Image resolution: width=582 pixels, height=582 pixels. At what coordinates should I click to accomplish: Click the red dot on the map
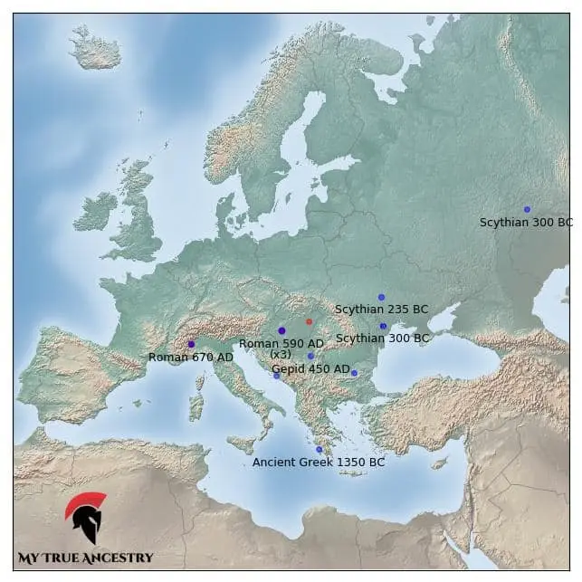click(x=309, y=321)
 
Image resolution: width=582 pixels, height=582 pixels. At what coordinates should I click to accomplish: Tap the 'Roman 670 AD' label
click(x=190, y=358)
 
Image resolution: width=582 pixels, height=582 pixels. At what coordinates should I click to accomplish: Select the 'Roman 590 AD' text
click(x=281, y=344)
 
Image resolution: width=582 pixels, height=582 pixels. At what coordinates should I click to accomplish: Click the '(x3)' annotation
click(x=281, y=355)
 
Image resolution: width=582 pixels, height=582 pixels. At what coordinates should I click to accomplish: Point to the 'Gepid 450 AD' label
click(x=310, y=369)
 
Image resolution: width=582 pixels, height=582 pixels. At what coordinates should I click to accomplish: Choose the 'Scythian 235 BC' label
click(x=381, y=310)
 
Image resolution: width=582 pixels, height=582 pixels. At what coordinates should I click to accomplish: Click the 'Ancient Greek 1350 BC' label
click(x=318, y=463)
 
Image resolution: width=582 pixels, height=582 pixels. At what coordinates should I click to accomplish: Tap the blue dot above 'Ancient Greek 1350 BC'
click(x=319, y=450)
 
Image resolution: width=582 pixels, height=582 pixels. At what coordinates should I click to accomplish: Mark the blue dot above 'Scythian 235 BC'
click(x=381, y=297)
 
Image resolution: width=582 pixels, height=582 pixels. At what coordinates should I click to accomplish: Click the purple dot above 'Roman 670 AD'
click(x=191, y=344)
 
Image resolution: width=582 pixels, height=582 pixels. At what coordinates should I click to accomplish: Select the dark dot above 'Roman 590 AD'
click(x=281, y=330)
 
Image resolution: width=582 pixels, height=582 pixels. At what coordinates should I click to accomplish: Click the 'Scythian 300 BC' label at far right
click(x=526, y=223)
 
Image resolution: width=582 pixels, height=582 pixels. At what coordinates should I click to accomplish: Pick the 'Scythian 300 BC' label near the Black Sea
click(x=383, y=339)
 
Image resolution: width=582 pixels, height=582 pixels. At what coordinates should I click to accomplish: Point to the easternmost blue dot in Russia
click(x=527, y=209)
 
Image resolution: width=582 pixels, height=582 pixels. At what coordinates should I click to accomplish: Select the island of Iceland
click(x=95, y=50)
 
